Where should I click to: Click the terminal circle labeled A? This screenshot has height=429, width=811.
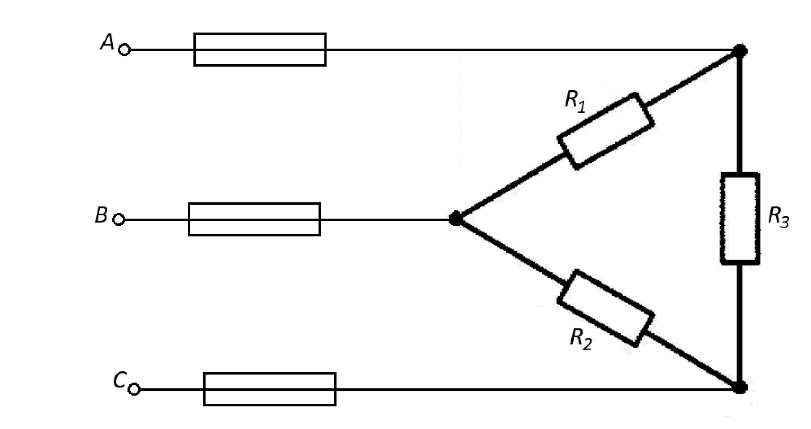[x=124, y=50]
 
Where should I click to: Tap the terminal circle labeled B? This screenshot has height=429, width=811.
[x=119, y=220]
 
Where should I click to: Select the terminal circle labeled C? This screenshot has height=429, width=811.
[x=134, y=389]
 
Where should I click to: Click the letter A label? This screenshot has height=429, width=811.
[x=106, y=42]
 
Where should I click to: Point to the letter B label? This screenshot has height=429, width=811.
[x=101, y=215]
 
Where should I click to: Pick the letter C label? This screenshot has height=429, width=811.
[x=119, y=380]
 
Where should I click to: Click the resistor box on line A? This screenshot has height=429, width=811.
[x=260, y=49]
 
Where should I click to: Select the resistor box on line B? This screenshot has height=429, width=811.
[x=254, y=220]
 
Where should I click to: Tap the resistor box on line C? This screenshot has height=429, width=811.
[x=270, y=389]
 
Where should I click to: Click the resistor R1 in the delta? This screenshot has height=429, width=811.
[x=606, y=131]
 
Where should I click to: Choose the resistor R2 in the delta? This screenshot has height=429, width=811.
[x=606, y=308]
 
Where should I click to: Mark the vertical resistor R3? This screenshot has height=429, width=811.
[x=740, y=218]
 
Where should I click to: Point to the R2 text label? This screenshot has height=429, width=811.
[x=581, y=339]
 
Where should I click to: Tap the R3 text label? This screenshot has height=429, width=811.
[x=778, y=218]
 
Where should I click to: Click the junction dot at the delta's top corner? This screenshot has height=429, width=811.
[x=740, y=51]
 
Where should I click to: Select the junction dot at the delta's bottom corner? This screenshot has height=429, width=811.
[x=740, y=388]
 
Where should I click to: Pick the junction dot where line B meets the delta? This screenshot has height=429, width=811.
[x=455, y=219]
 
